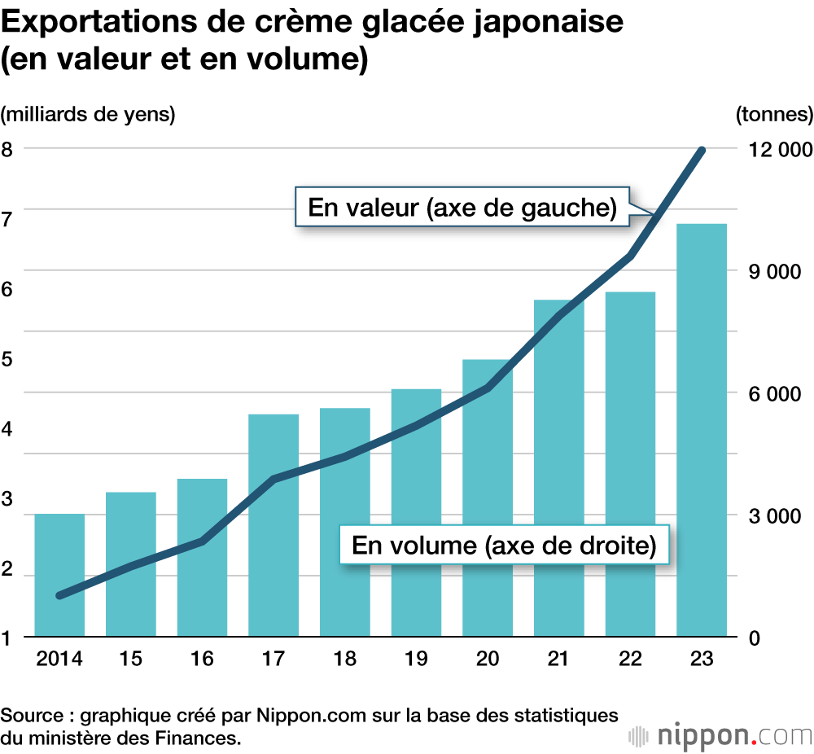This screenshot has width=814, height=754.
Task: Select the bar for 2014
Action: (x=59, y=575)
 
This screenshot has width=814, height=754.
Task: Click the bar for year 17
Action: (x=274, y=525)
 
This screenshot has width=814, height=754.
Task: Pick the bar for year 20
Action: (x=488, y=498)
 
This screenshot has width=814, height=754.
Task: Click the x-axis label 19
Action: (x=416, y=659)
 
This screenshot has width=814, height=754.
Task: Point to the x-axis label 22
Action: (x=630, y=659)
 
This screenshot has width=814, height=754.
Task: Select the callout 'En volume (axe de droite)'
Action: (x=504, y=545)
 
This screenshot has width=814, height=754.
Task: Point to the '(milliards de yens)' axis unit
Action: (x=88, y=114)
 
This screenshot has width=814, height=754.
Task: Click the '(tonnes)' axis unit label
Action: (x=773, y=114)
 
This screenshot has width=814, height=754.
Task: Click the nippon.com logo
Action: (x=721, y=734)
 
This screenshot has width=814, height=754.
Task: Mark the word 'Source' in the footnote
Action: (x=32, y=717)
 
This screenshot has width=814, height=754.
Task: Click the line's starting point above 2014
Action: (x=59, y=595)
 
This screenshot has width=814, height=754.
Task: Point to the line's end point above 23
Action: (x=702, y=151)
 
